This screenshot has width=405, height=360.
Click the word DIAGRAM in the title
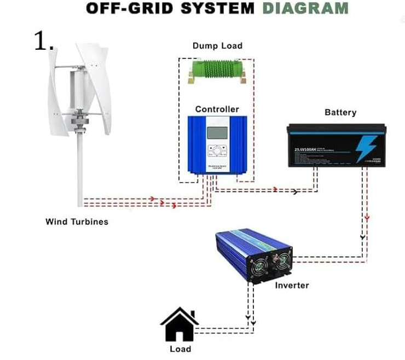click(x=305, y=8)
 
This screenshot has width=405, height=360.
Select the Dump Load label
click(x=217, y=46)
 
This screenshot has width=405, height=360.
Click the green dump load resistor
click(x=217, y=69)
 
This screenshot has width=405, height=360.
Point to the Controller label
click(x=217, y=109)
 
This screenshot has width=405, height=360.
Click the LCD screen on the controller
click(x=217, y=133)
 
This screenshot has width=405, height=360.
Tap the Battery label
click(x=340, y=113)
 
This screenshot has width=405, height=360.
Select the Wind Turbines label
click(x=77, y=222)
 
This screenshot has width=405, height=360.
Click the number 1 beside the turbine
click(x=42, y=40)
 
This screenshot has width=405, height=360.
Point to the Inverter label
click(x=292, y=285)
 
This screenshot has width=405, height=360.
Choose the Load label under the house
click(x=180, y=349)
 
